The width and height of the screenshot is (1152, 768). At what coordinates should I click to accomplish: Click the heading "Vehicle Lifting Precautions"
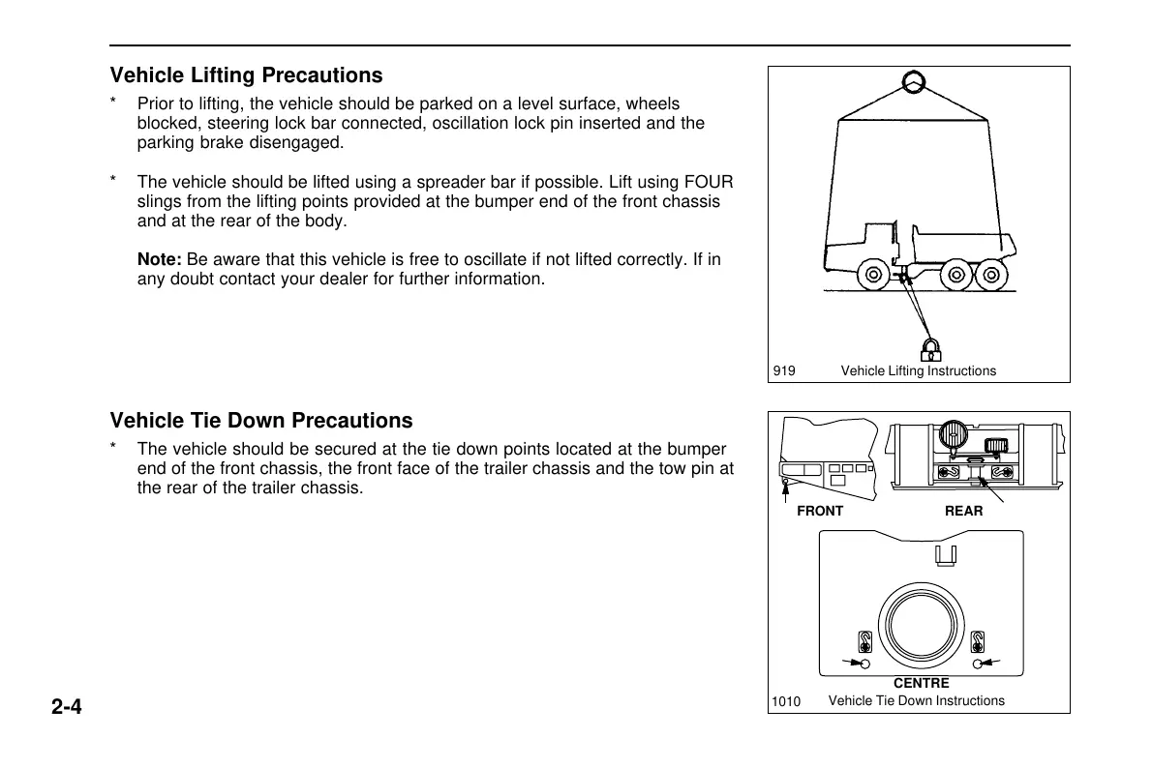click(246, 75)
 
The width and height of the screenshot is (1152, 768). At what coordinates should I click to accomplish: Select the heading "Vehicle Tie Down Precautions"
click(261, 421)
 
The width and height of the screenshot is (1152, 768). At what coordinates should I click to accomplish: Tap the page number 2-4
click(67, 707)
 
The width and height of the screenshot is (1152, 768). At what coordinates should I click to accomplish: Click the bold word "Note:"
click(160, 260)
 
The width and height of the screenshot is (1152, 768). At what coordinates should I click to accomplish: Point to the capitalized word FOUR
click(709, 183)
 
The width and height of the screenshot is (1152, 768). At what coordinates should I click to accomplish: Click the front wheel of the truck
click(873, 275)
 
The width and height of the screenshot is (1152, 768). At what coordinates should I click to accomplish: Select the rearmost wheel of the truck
click(989, 275)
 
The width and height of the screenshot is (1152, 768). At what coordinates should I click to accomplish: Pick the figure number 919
click(784, 370)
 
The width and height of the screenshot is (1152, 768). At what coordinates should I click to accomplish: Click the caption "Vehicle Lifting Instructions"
click(918, 370)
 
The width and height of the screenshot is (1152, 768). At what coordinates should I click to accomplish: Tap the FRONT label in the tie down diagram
click(819, 511)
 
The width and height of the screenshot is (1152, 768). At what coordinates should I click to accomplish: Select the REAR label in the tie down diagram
click(963, 511)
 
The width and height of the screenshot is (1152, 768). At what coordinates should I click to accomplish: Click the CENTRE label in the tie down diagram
click(921, 683)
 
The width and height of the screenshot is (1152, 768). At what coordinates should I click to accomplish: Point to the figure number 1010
click(787, 701)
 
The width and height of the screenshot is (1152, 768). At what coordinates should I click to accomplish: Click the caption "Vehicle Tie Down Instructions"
click(916, 700)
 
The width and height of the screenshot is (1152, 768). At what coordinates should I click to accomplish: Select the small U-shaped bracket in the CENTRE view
click(946, 554)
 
